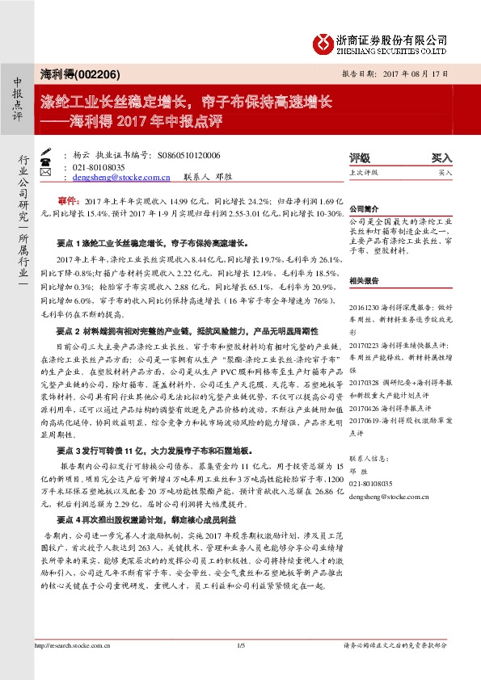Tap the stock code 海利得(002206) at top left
[x=80, y=74]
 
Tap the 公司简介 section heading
[x=365, y=208]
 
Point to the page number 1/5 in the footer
[x=240, y=645]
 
